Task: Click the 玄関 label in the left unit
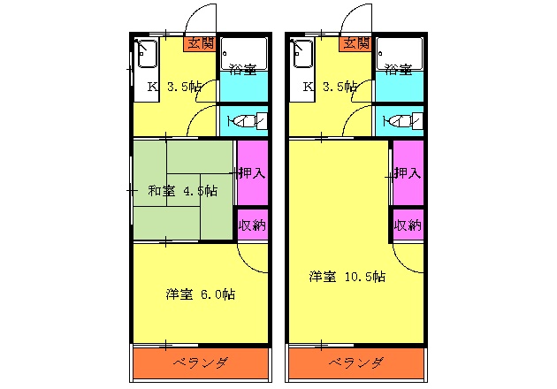(x=200, y=42)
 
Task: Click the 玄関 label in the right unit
(x=355, y=42)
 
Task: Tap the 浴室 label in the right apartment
(x=398, y=69)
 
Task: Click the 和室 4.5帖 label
(x=182, y=189)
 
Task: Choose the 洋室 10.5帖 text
(x=347, y=277)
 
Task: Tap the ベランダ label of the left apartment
(x=200, y=363)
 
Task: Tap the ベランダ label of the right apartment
(x=355, y=363)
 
